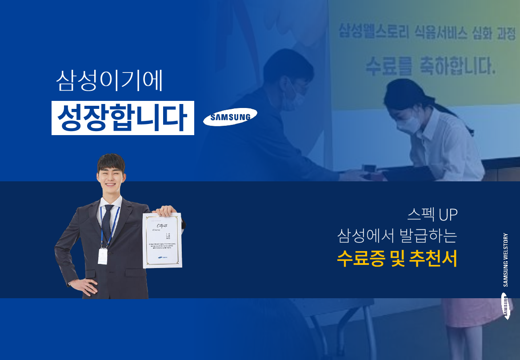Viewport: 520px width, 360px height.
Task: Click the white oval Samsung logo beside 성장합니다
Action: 230,117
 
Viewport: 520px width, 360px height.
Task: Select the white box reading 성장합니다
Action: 123,118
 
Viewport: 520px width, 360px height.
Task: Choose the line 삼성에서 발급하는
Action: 397,236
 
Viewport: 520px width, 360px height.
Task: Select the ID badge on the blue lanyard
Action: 103,256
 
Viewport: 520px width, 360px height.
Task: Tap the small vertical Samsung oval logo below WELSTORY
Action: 506,306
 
